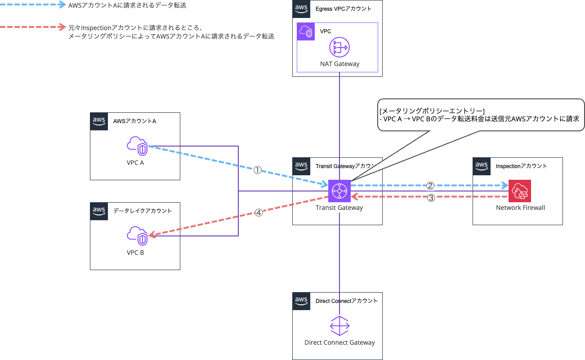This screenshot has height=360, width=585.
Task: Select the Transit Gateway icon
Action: [339, 191]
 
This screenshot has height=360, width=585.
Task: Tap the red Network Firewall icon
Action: [520, 191]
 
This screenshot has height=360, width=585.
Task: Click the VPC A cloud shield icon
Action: [137, 146]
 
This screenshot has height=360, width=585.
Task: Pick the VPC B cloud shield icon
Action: [137, 236]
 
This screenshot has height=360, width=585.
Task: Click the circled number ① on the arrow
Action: [257, 170]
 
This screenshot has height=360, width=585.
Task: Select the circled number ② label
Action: [430, 185]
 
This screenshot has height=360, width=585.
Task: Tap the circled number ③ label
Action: [430, 198]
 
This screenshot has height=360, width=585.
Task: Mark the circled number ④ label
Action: [258, 213]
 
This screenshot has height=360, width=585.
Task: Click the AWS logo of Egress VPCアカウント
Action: [301, 9]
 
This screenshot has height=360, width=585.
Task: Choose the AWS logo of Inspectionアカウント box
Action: [482, 166]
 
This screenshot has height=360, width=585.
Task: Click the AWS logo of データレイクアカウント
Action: [99, 211]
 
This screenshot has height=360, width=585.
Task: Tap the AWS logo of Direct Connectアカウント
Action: [301, 301]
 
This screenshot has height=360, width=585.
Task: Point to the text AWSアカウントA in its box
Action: [134, 121]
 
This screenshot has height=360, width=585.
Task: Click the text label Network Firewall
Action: [520, 208]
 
